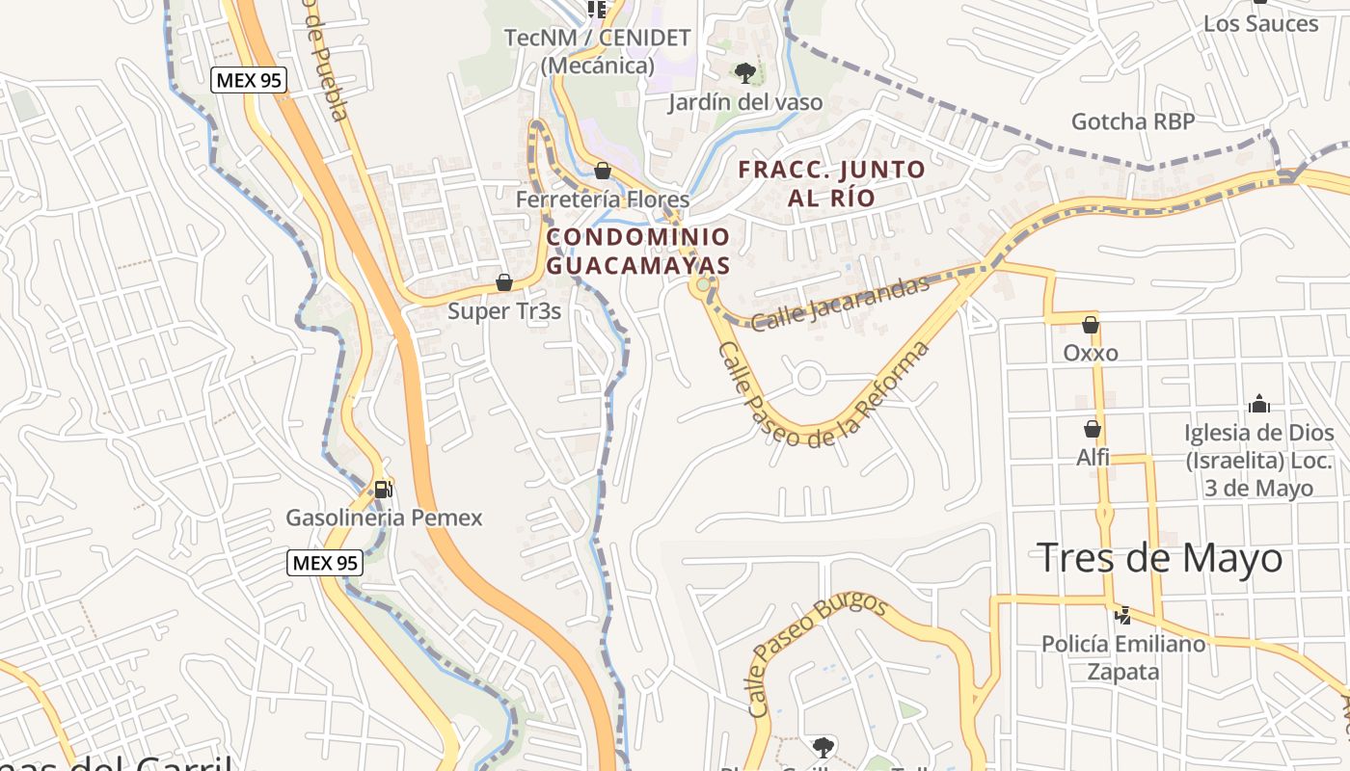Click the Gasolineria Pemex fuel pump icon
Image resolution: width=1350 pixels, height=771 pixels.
click(383, 489)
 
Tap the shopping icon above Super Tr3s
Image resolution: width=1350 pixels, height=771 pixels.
click(503, 282)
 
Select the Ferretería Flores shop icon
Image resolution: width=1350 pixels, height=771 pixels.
click(603, 172)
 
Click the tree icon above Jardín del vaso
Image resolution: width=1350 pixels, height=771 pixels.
click(744, 72)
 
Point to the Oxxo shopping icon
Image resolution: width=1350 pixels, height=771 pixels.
click(1091, 325)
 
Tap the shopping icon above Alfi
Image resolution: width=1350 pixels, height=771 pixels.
click(1093, 429)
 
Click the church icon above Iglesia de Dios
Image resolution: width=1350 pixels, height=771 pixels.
click(1258, 404)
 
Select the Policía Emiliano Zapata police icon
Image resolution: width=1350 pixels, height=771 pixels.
click(1122, 614)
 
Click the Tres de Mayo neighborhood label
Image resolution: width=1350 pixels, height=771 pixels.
click(1160, 558)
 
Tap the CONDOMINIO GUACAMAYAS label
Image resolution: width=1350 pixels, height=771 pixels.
click(638, 251)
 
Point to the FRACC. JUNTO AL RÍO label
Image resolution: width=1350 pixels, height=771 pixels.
click(831, 184)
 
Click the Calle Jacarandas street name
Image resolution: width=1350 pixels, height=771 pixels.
click(840, 303)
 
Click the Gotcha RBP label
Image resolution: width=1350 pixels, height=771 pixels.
click(1133, 121)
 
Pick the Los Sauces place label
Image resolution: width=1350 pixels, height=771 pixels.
click(1260, 23)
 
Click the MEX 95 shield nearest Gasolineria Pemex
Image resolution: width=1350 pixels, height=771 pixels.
click(324, 562)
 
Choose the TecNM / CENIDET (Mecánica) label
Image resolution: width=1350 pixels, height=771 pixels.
click(598, 52)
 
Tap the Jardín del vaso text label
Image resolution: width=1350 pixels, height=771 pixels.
click(746, 102)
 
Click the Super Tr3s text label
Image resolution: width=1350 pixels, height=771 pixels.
click(504, 311)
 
